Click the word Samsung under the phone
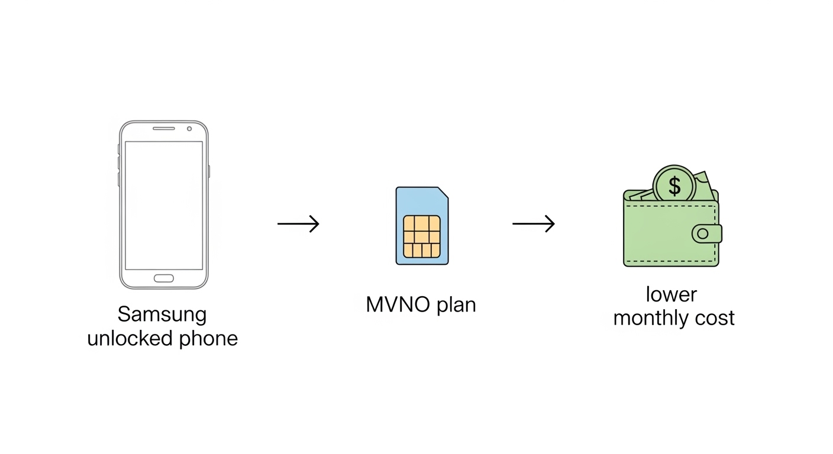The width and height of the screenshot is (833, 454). pos(162,314)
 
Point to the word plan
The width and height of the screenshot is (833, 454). pos(456,306)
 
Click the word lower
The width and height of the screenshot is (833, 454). pos(671,294)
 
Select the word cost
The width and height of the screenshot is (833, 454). pos(715,318)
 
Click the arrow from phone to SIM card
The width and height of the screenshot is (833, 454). pos(298,223)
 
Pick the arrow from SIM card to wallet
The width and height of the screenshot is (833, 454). pos(533,223)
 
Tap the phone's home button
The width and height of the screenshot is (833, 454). pos(164,278)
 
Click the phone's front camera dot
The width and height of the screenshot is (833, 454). pos(189,128)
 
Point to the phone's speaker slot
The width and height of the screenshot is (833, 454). pos(164,128)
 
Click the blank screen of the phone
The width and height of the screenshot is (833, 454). pos(164,205)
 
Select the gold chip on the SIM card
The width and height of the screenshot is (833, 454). pos(422,236)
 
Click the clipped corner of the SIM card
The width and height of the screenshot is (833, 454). pos(443,193)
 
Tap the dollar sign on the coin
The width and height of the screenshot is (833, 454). pos(674,186)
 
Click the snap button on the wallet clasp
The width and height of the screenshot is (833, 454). pos(703,234)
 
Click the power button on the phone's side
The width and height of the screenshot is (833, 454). pos(209,171)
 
